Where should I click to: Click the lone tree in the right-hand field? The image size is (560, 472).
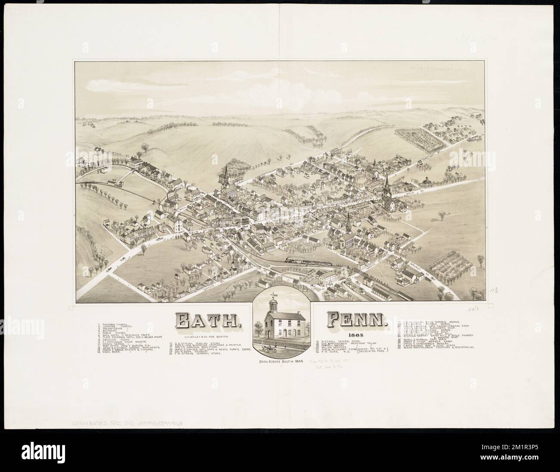click(442, 214)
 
